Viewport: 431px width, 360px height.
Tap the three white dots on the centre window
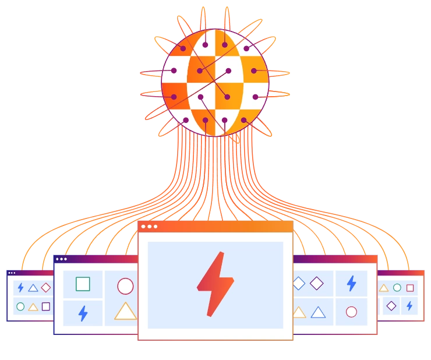click(x=149, y=226)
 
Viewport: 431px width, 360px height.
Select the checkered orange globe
click(x=215, y=83)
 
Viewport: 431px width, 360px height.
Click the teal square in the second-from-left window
click(x=83, y=284)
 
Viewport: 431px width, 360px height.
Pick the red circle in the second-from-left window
click(x=125, y=286)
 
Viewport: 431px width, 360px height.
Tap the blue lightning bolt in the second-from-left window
click(x=83, y=313)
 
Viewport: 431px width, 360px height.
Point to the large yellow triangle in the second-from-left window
click(x=125, y=312)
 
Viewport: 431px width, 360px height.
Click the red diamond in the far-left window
click(x=46, y=287)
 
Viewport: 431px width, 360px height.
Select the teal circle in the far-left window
click(x=20, y=306)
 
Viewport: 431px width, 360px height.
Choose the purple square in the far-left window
click(x=46, y=306)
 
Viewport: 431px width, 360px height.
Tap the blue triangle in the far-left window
click(x=33, y=288)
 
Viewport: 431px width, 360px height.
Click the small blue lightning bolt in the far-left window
click(x=20, y=287)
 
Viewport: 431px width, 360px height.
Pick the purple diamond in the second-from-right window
click(x=316, y=283)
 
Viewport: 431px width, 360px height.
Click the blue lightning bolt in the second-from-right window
click(x=351, y=283)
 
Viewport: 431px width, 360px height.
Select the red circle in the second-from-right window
click(x=351, y=312)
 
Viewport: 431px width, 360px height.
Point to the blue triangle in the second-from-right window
click(x=318, y=312)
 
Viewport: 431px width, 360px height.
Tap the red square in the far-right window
click(x=410, y=288)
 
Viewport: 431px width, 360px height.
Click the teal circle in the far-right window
click(x=397, y=287)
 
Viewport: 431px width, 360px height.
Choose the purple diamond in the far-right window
click(x=391, y=305)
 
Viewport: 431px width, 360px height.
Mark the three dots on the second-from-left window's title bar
click(x=61, y=259)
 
